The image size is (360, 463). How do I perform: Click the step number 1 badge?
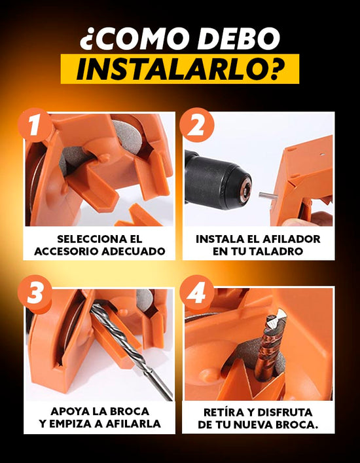click(x=35, y=126)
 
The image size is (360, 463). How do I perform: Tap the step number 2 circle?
click(x=197, y=125)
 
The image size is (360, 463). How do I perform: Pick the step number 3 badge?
click(x=35, y=293)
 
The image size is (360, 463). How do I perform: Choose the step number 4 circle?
click(x=196, y=293)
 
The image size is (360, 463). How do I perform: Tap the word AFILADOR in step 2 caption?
click(x=291, y=239)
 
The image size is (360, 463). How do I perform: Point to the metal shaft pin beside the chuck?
click(x=268, y=195)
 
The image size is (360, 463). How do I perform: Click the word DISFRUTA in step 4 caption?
click(x=285, y=412)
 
